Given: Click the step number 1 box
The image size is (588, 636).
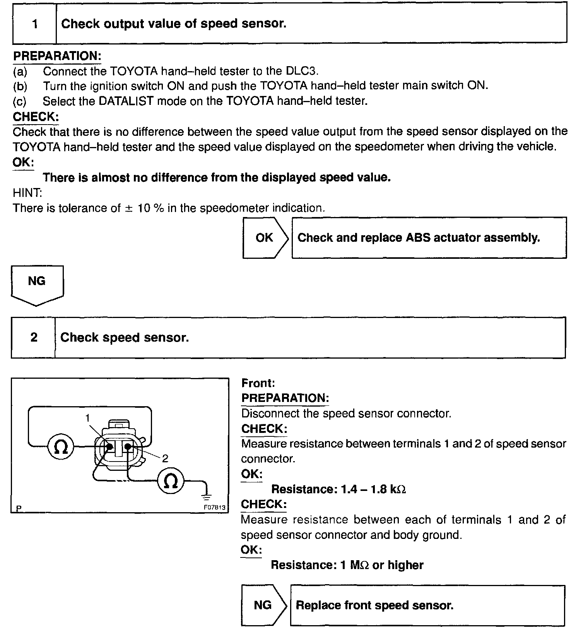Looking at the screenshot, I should point(35,24).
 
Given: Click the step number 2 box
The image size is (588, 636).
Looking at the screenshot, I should point(34,337).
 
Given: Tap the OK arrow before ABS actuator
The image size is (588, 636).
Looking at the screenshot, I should point(265,238).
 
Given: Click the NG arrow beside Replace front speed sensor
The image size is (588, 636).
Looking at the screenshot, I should point(263,605).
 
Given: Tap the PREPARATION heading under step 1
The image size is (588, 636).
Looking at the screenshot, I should point(57,56).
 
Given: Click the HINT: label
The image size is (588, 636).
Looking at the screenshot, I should point(27,193).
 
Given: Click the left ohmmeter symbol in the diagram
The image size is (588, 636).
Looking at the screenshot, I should point(61,447).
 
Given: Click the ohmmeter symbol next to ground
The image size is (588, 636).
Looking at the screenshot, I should point(171,481).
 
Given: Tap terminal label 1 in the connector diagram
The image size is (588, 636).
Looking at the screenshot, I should point(88,418).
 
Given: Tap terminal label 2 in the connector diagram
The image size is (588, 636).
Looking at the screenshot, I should point(165,459).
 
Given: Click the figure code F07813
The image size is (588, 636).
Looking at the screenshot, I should point(214,507).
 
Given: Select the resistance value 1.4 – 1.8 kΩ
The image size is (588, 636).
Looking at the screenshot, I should point(373,489).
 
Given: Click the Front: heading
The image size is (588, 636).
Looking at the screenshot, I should point(258,383).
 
